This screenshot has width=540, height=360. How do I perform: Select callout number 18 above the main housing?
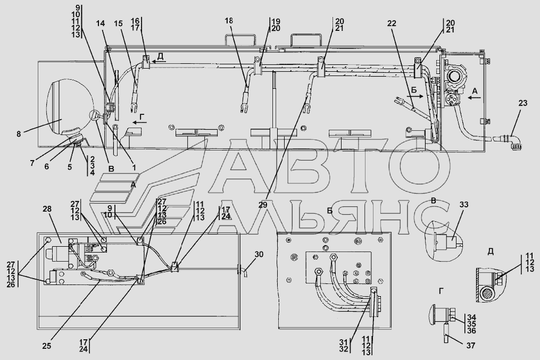(x=229, y=20)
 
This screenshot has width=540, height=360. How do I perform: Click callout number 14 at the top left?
(x=101, y=23)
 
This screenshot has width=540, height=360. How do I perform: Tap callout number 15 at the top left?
(x=118, y=23)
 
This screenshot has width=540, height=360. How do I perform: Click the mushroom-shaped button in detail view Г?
(x=436, y=314)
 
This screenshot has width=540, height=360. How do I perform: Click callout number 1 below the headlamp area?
(x=134, y=168)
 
